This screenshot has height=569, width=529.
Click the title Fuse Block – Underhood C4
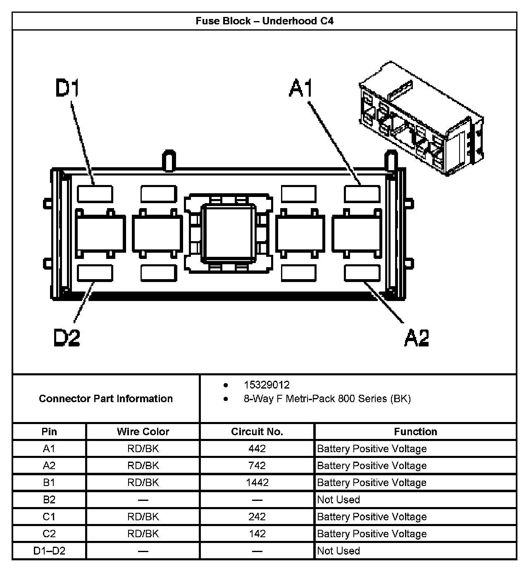click(264, 21)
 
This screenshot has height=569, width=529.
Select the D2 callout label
click(67, 337)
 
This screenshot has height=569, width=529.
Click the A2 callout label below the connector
click(416, 337)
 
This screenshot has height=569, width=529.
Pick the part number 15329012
click(267, 385)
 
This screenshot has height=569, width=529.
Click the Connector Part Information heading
click(106, 398)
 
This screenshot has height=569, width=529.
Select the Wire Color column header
click(143, 431)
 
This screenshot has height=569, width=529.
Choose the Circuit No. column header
click(257, 431)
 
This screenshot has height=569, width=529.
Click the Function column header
click(415, 431)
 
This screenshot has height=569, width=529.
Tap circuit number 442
click(257, 448)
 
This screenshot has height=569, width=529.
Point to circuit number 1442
click(257, 482)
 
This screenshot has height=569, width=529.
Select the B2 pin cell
click(49, 500)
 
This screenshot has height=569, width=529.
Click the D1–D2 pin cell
click(49, 551)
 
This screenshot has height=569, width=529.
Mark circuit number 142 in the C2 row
click(257, 533)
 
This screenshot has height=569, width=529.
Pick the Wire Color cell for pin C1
click(143, 517)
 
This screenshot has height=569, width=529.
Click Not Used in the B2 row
click(338, 500)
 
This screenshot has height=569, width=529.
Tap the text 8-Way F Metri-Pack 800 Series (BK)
click(327, 398)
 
